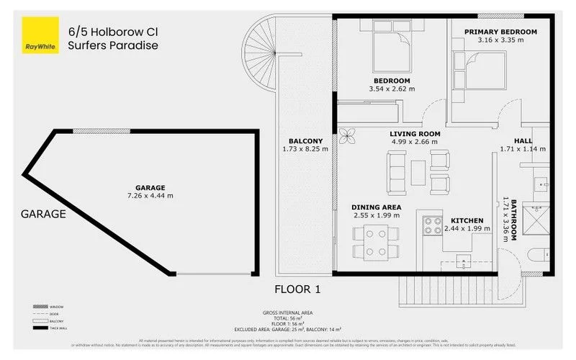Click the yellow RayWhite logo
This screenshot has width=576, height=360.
coord(40,36)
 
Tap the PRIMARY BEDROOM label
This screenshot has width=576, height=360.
coord(500,32)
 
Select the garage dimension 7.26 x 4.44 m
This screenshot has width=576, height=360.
coord(150,195)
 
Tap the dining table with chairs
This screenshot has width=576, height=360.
coord(376,242)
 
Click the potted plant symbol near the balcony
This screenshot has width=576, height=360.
coord(347,135)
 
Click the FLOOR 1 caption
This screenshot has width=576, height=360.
coord(296,289)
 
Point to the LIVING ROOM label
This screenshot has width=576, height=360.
coord(415,133)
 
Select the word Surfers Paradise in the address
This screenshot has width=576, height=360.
coord(112,45)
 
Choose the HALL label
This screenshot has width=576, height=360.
coord(523,140)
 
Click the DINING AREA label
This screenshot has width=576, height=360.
coord(377,207)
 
